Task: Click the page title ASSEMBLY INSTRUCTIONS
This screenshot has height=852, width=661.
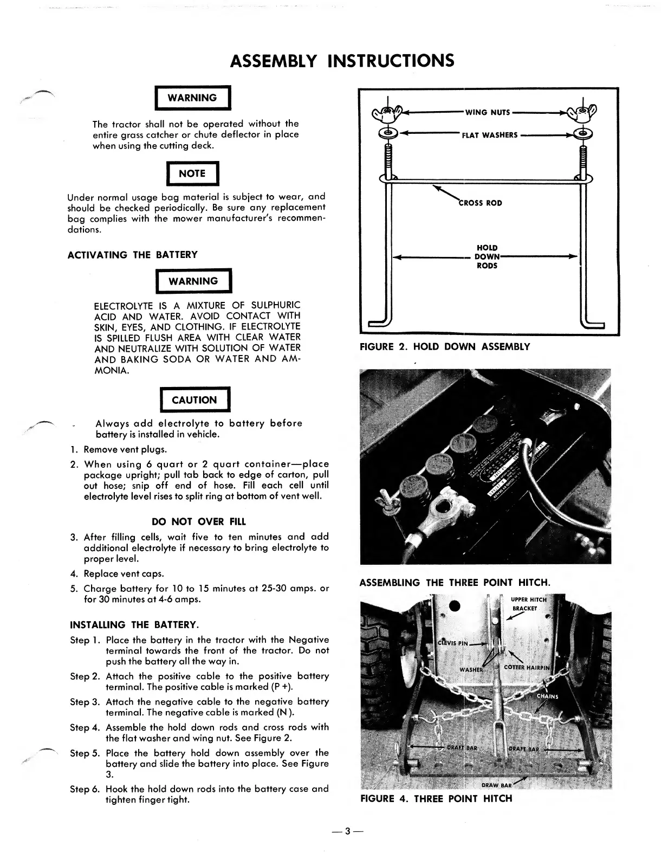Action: pyautogui.click(x=342, y=60)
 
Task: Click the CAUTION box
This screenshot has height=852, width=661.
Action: pyautogui.click(x=194, y=400)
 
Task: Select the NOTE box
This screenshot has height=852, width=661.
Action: pyautogui.click(x=192, y=173)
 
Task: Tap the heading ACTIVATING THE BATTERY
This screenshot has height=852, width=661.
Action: pyautogui.click(x=132, y=255)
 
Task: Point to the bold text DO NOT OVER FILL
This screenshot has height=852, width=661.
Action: pyautogui.click(x=199, y=522)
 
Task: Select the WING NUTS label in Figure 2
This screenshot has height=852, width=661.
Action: pyautogui.click(x=487, y=113)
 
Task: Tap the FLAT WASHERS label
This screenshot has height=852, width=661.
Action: pyautogui.click(x=489, y=135)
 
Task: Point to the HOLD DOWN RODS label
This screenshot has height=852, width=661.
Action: pyautogui.click(x=487, y=257)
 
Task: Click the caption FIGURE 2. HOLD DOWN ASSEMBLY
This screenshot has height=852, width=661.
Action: pyautogui.click(x=445, y=347)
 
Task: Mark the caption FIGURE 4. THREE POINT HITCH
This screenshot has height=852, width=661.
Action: pyautogui.click(x=436, y=798)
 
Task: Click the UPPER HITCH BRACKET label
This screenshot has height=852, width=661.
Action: pyautogui.click(x=529, y=604)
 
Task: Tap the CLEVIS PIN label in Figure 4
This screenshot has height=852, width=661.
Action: pyautogui.click(x=452, y=644)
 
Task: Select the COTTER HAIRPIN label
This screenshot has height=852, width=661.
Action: pyautogui.click(x=526, y=668)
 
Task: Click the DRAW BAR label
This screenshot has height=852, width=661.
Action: pyautogui.click(x=496, y=785)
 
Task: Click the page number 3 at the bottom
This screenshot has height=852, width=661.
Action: pyautogui.click(x=348, y=831)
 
